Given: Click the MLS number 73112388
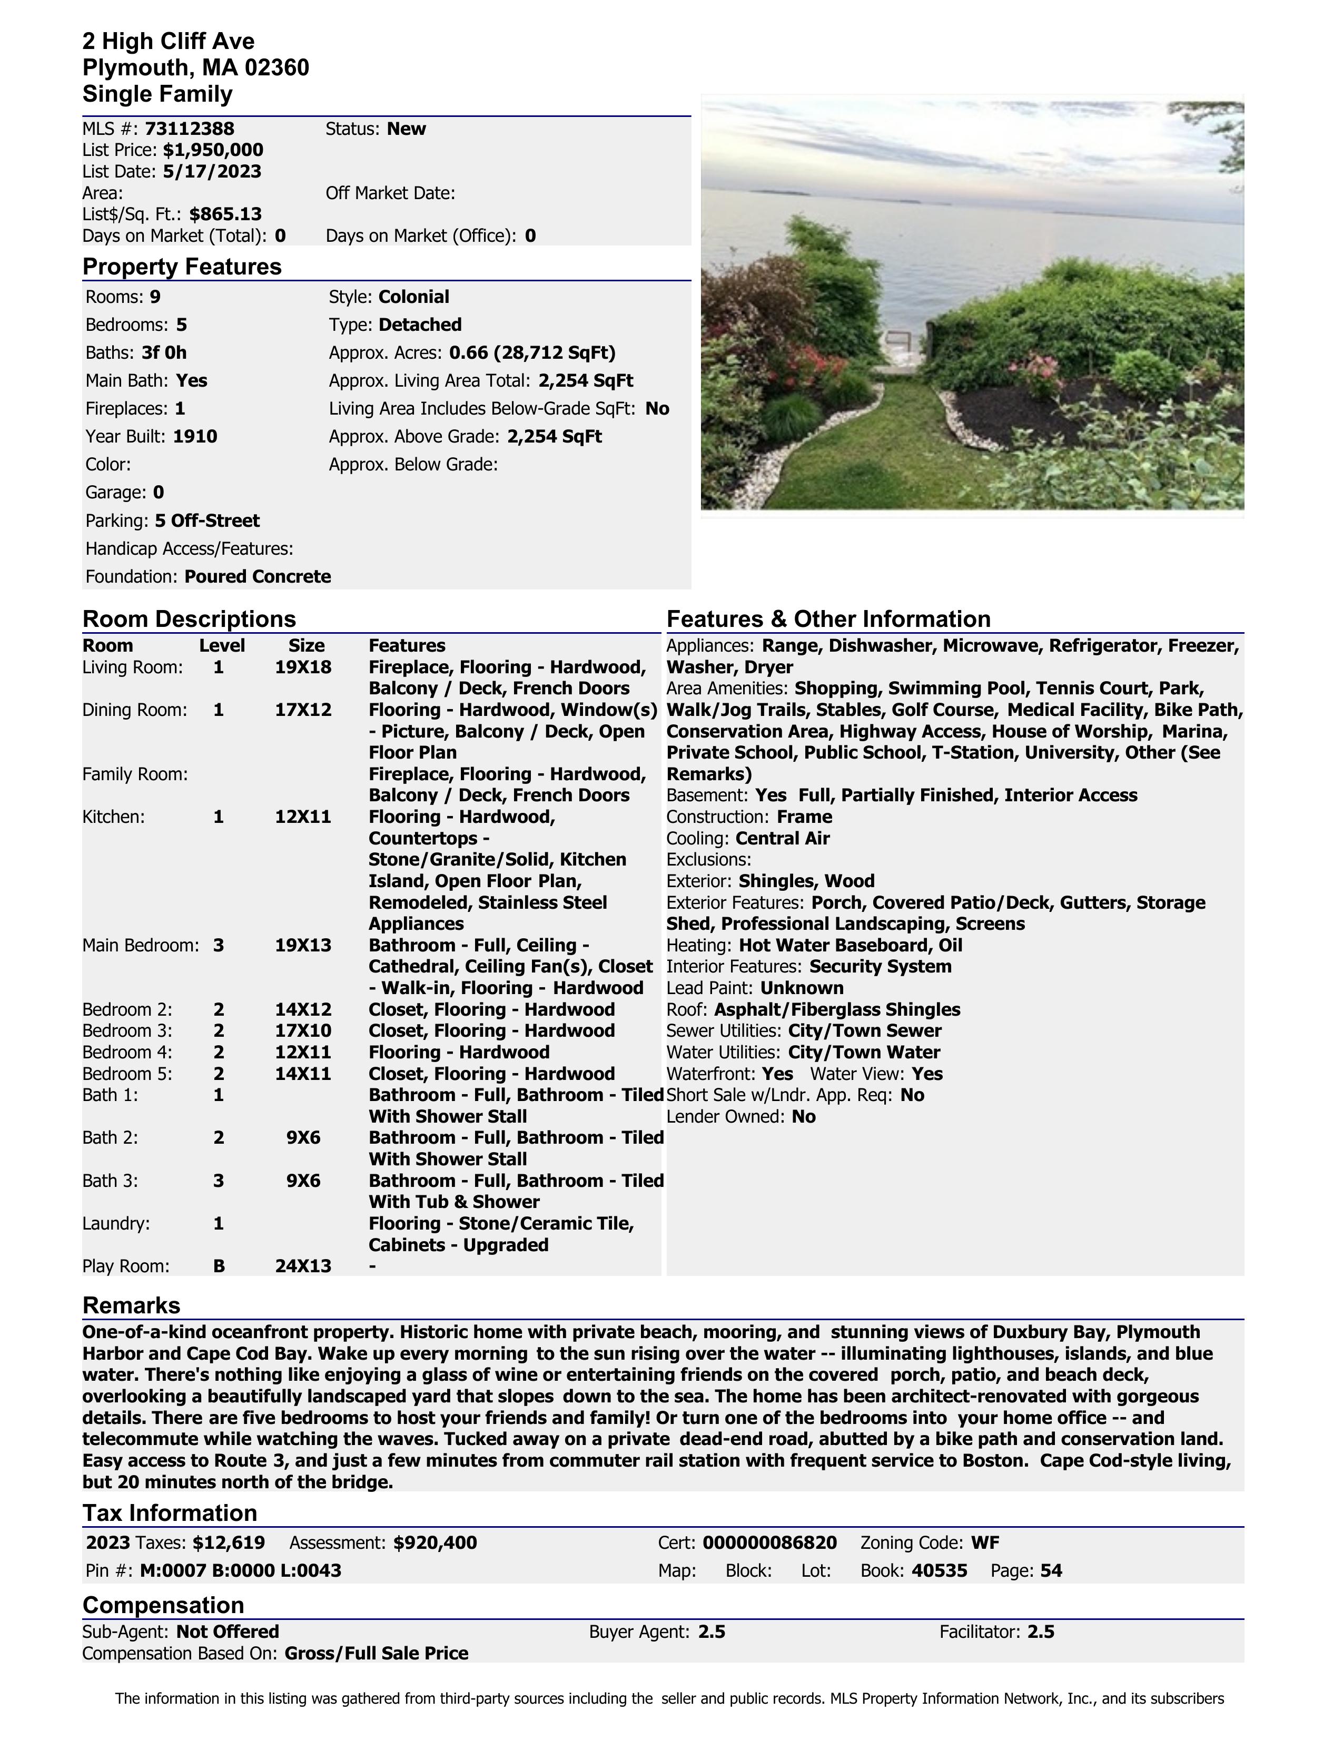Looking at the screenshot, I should coord(190,129).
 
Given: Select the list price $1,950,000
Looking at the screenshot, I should coord(213,151).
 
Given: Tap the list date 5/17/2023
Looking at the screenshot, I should coord(212,172).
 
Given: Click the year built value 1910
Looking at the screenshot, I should coord(194,436).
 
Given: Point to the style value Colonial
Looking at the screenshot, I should coord(413,297).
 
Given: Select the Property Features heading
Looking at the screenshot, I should coord(182,267).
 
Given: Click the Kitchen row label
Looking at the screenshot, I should coord(114,817).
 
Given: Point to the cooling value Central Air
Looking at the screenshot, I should coord(782,839).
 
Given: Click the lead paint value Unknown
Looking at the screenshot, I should coord(801,988).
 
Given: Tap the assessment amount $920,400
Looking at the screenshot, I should coord(434,1542).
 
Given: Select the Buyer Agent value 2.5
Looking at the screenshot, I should coord(711,1632).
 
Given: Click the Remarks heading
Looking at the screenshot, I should coord(131,1306).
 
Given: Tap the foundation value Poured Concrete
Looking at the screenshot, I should coord(257,576).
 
